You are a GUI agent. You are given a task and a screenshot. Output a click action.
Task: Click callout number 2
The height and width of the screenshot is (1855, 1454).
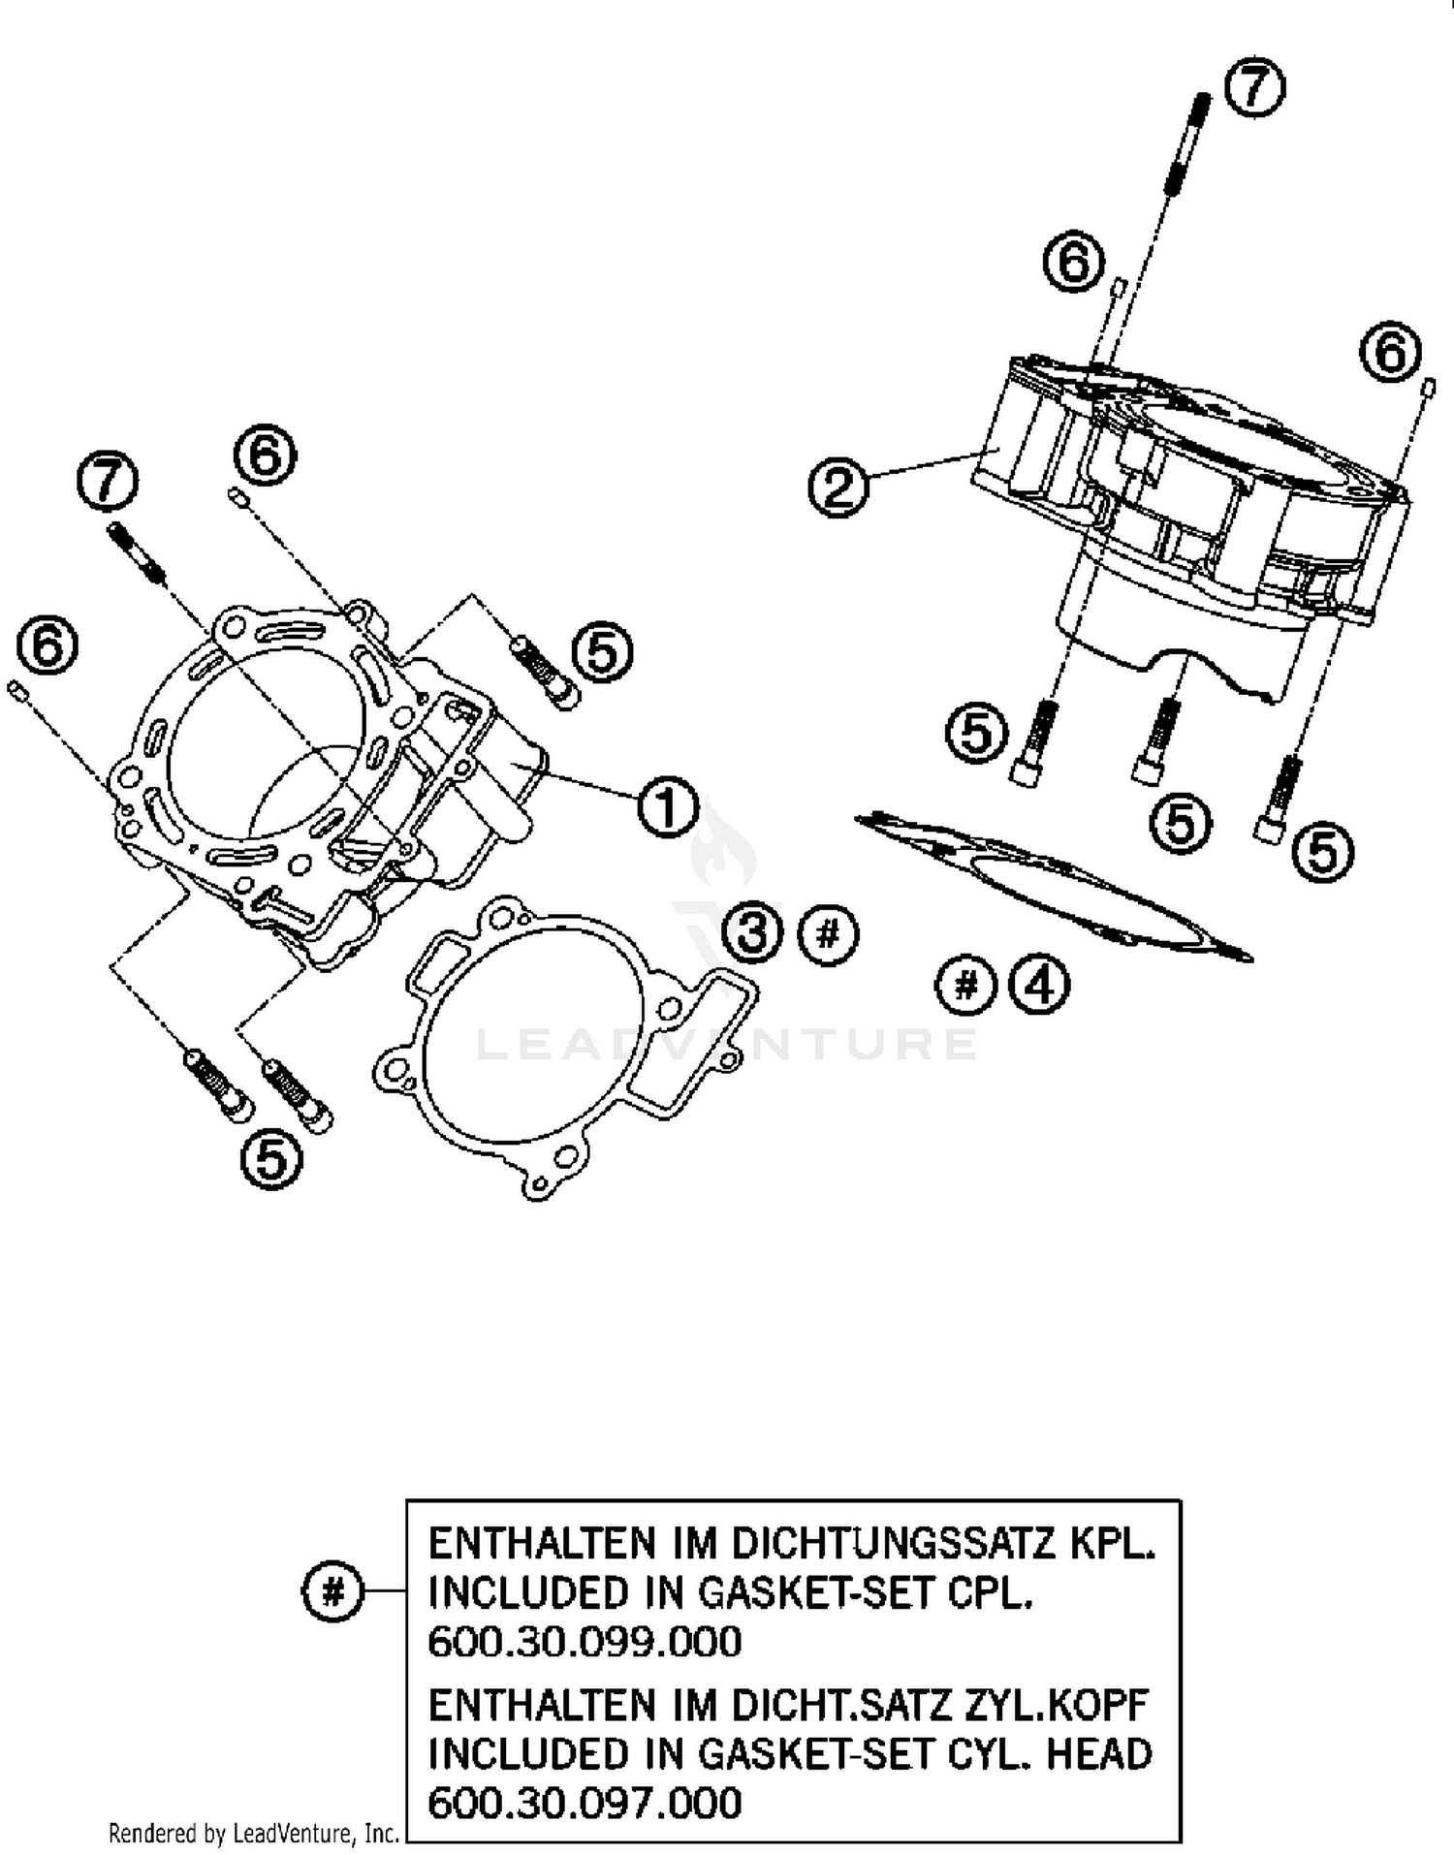[838, 487]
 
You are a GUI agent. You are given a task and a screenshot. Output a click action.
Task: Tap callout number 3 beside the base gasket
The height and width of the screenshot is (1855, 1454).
[753, 933]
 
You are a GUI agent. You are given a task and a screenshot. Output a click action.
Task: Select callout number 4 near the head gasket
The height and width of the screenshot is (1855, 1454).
[1038, 986]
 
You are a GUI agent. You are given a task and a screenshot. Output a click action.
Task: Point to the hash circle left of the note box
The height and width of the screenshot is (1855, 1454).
[332, 1591]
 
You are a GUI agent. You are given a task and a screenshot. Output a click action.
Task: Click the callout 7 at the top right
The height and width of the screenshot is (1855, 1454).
[1254, 88]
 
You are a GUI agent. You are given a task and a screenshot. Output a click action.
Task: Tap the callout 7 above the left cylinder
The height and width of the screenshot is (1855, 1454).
[108, 482]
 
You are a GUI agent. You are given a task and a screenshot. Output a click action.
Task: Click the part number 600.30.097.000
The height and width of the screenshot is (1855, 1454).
[585, 1803]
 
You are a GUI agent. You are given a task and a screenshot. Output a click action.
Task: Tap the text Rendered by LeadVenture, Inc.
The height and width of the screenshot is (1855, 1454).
[254, 1833]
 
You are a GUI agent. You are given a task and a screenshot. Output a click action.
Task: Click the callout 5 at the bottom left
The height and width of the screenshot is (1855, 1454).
[270, 1160]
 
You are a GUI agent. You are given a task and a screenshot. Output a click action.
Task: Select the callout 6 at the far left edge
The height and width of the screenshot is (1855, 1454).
[48, 645]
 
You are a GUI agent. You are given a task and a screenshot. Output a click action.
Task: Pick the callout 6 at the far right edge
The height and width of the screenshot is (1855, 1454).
[1390, 352]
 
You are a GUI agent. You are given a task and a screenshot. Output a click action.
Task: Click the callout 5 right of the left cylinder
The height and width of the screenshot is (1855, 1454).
[603, 652]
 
